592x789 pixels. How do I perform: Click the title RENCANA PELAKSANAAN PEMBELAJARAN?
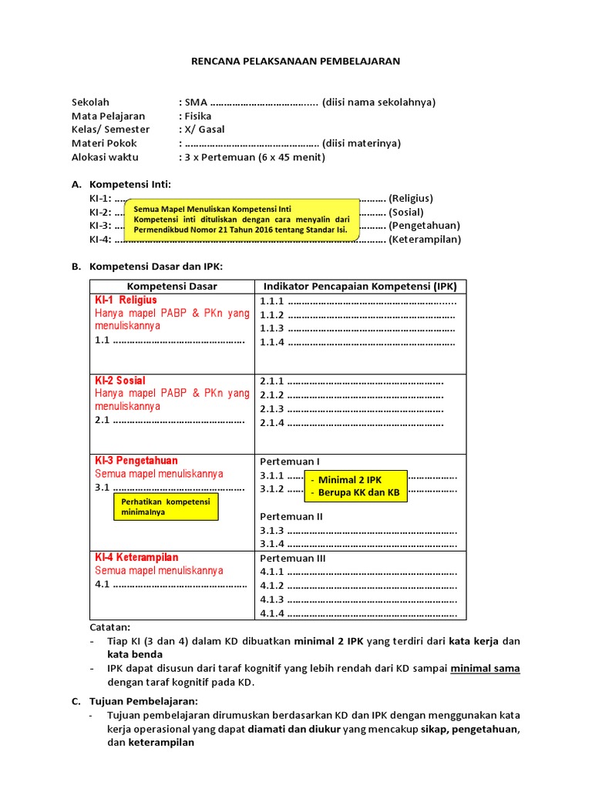[x=296, y=61]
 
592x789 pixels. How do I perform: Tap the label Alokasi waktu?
[x=105, y=157]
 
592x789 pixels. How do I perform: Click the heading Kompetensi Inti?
[x=131, y=184]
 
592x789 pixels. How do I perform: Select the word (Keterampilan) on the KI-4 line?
[x=425, y=240]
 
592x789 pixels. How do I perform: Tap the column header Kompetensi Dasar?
[x=172, y=287]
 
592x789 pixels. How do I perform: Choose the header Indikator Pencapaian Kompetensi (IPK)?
[x=360, y=287]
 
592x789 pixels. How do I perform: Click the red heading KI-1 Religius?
[x=126, y=300]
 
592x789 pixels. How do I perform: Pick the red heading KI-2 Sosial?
[x=120, y=381]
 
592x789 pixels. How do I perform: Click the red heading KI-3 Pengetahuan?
[x=136, y=461]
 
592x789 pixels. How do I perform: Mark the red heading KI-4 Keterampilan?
[x=137, y=557]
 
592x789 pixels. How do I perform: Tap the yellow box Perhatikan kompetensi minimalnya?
[x=166, y=506]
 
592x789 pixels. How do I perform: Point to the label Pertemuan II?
[x=291, y=516]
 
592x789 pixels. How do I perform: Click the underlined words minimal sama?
[x=485, y=668]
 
